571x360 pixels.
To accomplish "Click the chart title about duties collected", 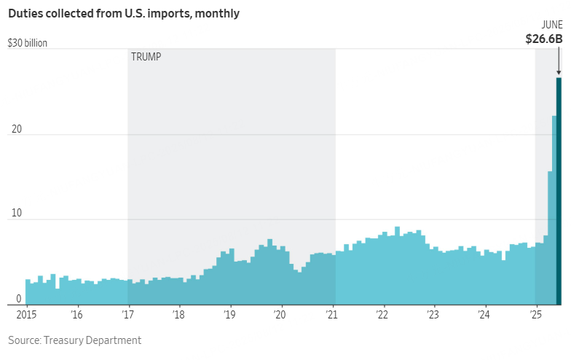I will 124,13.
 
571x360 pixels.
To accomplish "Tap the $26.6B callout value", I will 544,39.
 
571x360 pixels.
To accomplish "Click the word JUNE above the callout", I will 551,24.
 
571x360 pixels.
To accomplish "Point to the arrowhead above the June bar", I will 559,72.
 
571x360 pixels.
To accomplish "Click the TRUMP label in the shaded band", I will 146,57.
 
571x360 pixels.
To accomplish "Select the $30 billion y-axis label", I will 28,43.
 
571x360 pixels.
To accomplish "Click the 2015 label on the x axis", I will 25,315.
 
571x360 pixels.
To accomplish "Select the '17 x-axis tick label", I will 128,315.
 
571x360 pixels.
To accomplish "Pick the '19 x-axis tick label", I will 230,315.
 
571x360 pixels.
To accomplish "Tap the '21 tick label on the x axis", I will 332,315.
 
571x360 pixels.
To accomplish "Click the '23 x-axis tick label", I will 434,315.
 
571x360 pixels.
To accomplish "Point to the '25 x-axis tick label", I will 536,315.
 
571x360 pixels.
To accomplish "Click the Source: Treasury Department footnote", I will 75,340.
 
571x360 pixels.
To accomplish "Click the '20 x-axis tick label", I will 281,315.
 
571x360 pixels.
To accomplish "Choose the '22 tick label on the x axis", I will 383,315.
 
